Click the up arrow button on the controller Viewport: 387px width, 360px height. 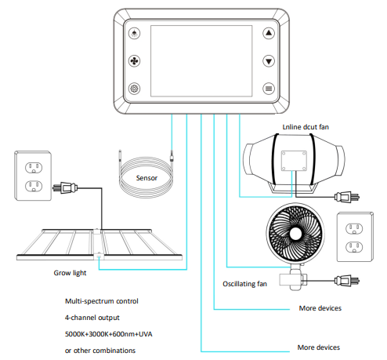click(269, 33)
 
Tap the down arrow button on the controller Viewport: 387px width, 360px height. click(269, 61)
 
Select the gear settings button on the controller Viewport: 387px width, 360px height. click(135, 89)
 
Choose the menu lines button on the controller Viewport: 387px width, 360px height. click(269, 89)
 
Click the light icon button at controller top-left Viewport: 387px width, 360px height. click(135, 33)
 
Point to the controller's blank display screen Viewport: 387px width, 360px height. click(201, 61)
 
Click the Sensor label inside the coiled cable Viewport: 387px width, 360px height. click(146, 178)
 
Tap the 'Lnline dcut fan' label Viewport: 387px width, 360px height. click(306, 127)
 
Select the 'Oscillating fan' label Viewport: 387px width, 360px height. click(244, 284)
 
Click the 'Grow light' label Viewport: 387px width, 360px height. click(70, 273)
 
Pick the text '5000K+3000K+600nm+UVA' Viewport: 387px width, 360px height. click(109, 334)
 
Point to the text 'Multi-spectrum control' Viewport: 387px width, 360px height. click(102, 301)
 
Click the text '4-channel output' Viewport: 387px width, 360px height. click(92, 318)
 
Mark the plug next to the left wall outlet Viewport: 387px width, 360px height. click(65, 187)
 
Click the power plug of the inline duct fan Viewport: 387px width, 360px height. click(347, 197)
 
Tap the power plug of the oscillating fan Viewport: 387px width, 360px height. click(347, 281)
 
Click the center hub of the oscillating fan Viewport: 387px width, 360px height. click(295, 234)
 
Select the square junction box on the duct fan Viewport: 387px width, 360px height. click(294, 161)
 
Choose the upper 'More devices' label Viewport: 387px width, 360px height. click(320, 308)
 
